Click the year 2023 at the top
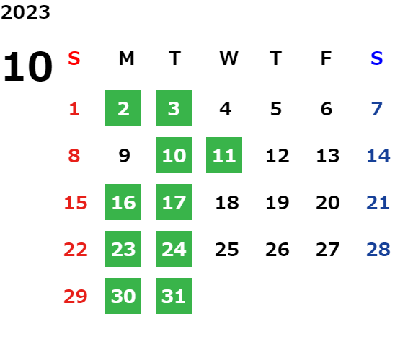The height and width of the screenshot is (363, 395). (x=25, y=12)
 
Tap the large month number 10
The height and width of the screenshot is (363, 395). (x=27, y=66)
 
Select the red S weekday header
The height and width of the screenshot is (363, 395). (x=74, y=58)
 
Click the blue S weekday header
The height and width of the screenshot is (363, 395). (x=376, y=58)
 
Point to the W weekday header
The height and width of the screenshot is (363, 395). (x=228, y=58)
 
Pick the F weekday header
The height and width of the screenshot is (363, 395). (x=327, y=58)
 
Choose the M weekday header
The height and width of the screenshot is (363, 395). (x=126, y=58)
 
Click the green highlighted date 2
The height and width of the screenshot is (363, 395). (x=123, y=108)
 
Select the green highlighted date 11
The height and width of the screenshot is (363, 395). (x=224, y=155)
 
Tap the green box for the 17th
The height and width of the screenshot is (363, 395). (x=174, y=202)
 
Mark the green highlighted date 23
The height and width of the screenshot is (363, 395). (x=123, y=249)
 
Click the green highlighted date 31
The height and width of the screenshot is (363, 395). (x=174, y=296)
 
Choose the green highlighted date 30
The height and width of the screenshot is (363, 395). (x=123, y=296)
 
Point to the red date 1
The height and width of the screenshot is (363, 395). (x=74, y=109)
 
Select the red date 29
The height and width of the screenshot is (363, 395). (x=76, y=297)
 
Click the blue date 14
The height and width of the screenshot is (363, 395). (x=378, y=156)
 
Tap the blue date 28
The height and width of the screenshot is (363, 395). (x=378, y=250)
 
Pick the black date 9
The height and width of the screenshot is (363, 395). (x=125, y=156)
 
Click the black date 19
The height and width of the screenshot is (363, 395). (x=278, y=203)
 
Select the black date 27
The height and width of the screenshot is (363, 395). (x=328, y=250)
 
